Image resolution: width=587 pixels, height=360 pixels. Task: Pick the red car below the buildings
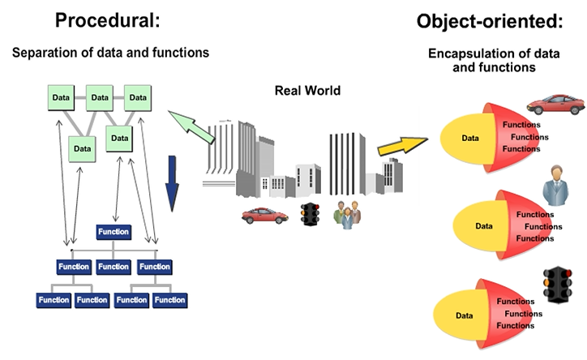(x=265, y=216)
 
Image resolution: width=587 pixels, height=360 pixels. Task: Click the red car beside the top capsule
(x=555, y=105)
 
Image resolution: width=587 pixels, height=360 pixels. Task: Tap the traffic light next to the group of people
(x=310, y=215)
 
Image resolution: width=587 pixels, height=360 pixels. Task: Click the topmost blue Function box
(x=113, y=232)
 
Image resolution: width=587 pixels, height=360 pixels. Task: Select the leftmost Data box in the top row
(x=61, y=98)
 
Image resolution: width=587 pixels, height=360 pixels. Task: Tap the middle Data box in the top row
(x=100, y=98)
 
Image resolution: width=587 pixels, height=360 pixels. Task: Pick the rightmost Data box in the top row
(x=139, y=98)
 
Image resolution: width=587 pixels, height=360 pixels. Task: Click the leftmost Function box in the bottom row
(x=53, y=300)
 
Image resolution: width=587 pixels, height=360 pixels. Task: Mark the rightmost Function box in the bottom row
(x=169, y=300)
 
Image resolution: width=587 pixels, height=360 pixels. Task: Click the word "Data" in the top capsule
(x=470, y=139)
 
